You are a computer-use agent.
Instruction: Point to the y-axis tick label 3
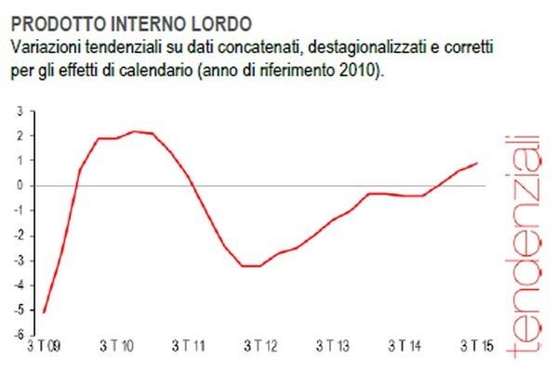click(x=20, y=111)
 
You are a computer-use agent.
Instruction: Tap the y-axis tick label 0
click(x=20, y=185)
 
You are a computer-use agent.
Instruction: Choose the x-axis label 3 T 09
click(x=44, y=348)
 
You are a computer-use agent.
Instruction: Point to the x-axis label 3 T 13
click(x=333, y=348)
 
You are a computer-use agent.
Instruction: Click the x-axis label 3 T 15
click(x=477, y=348)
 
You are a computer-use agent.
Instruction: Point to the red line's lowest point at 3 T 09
click(x=44, y=312)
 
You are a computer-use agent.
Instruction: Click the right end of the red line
click(x=478, y=163)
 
